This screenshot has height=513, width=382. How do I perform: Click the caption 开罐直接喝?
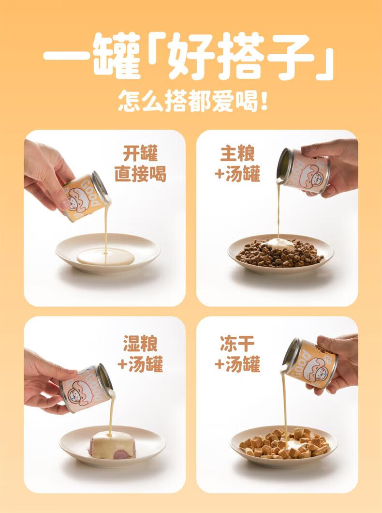(141, 163)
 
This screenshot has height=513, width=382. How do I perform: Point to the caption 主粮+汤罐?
(237, 163)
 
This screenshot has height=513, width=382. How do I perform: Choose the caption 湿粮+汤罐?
(141, 353)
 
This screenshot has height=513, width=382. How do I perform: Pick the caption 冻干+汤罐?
(237, 353)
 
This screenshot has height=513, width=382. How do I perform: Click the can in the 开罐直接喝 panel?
(86, 196)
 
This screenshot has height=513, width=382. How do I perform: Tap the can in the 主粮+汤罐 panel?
(303, 171)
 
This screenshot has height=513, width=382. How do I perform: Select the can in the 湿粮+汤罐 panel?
(86, 387)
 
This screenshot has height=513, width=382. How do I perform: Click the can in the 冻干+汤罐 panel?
(309, 363)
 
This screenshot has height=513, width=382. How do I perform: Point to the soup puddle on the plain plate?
(105, 256)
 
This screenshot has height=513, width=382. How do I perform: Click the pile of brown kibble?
(279, 253)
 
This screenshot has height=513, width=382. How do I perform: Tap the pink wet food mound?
(112, 445)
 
